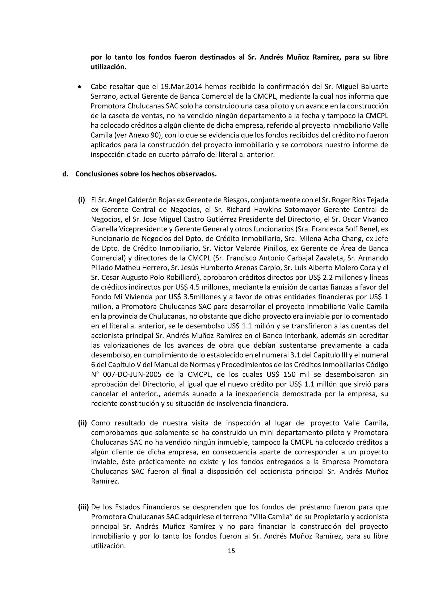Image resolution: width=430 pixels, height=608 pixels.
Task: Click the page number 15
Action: [231, 551]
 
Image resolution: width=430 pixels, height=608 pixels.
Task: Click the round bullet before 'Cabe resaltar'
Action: [80, 87]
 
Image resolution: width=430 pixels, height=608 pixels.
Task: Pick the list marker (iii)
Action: [83, 507]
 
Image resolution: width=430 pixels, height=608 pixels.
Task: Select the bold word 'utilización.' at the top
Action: [109, 67]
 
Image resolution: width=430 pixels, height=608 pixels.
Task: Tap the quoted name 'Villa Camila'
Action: [271, 517]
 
